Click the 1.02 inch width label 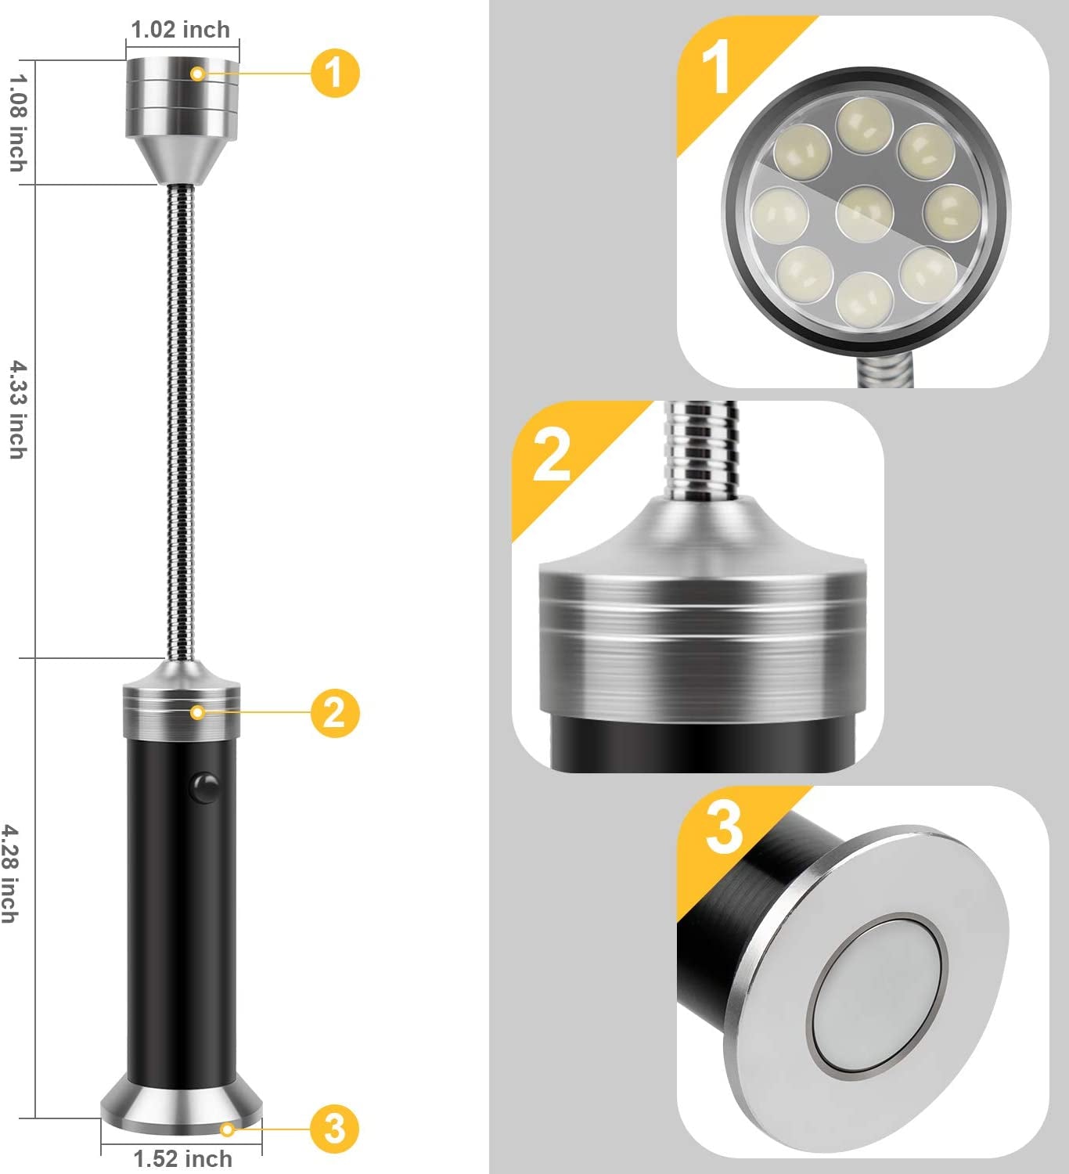pos(181,30)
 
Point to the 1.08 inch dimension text pos(17,122)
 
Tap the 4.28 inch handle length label pos(9,873)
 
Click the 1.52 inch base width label pos(182,1158)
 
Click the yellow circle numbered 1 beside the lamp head pos(335,73)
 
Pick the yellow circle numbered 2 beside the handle pos(334,712)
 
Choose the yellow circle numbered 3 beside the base pos(334,1128)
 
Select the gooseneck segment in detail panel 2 pos(700,450)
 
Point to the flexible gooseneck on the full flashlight pos(181,423)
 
